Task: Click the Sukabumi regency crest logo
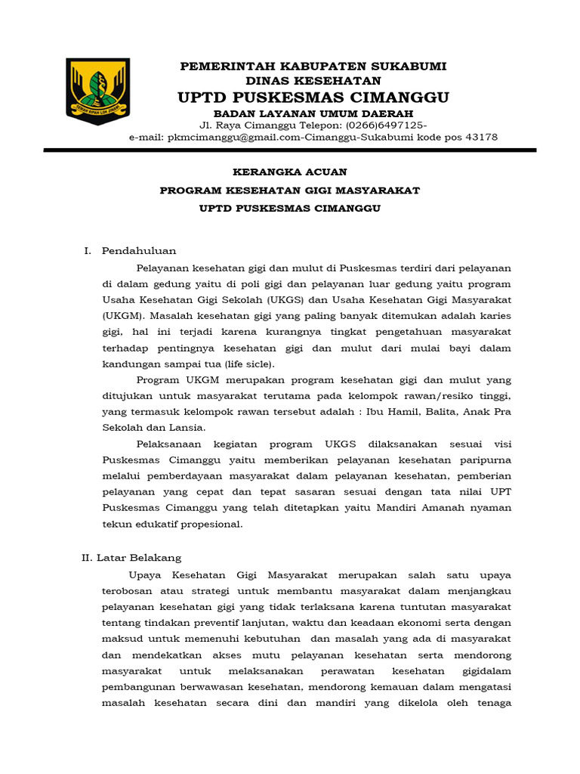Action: [98, 91]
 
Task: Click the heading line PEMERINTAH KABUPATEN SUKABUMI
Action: [313, 67]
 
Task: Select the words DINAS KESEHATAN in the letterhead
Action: [313, 81]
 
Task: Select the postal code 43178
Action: [481, 138]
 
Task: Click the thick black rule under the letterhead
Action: [290, 150]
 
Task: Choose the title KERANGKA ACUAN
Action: [289, 172]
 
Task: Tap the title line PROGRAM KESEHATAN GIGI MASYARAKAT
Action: [289, 190]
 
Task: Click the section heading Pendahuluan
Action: [139, 251]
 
